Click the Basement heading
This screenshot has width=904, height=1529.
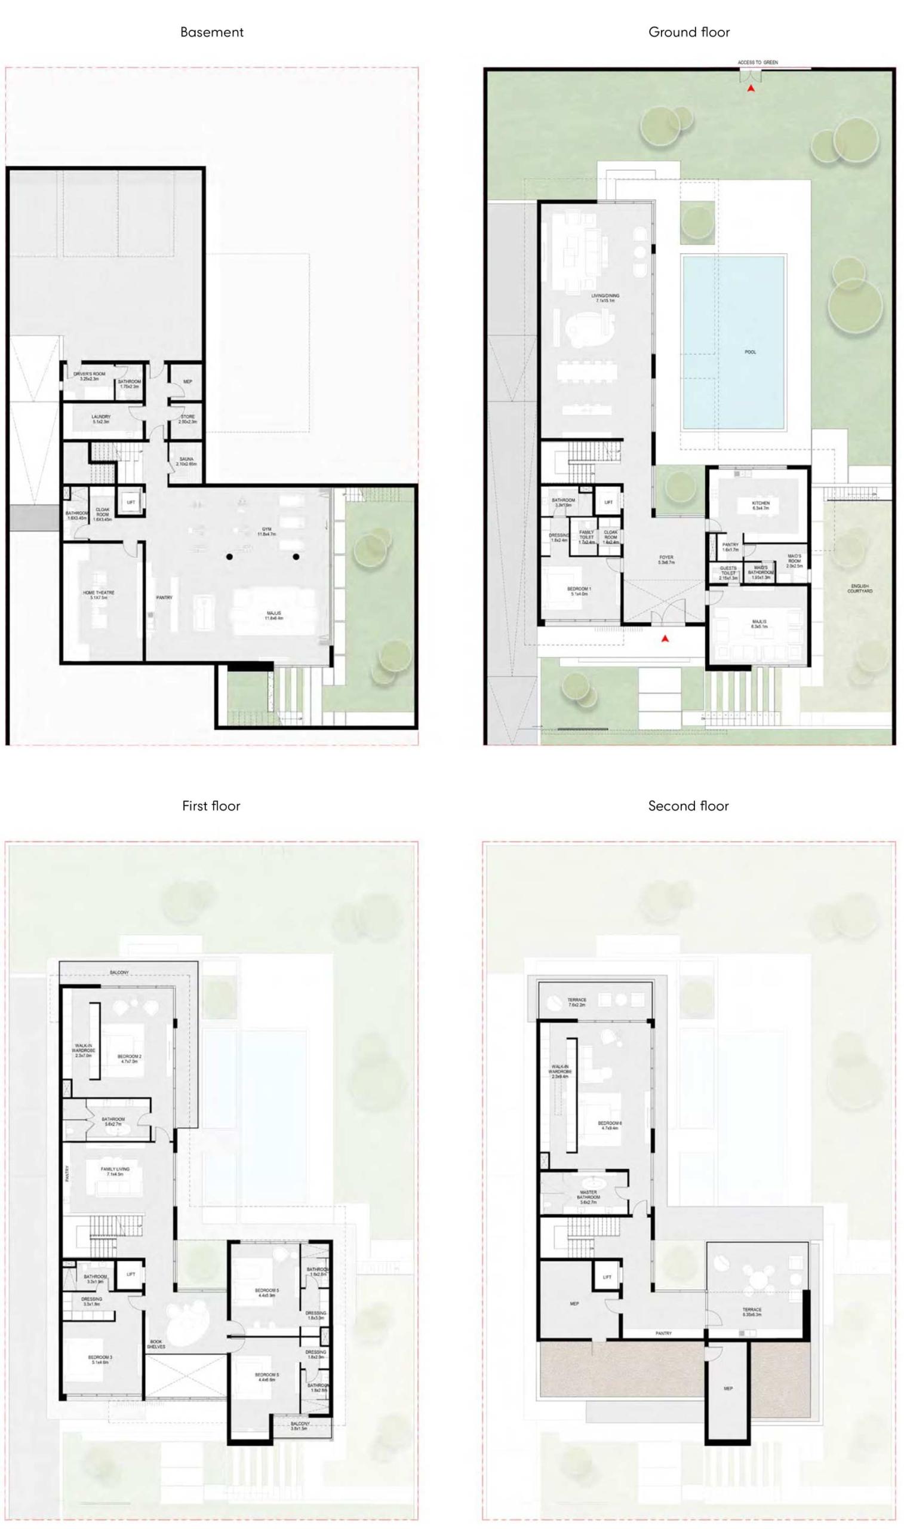pos(211,32)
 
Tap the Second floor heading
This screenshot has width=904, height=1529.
pos(688,806)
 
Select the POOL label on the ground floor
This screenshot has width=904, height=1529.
pos(750,352)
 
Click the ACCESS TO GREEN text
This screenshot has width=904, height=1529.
pos(757,62)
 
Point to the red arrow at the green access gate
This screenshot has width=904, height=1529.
pos(752,88)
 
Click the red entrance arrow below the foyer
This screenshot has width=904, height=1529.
pos(665,638)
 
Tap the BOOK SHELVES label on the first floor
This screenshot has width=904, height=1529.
pos(156,1344)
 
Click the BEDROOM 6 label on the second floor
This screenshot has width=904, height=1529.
pos(610,1125)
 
